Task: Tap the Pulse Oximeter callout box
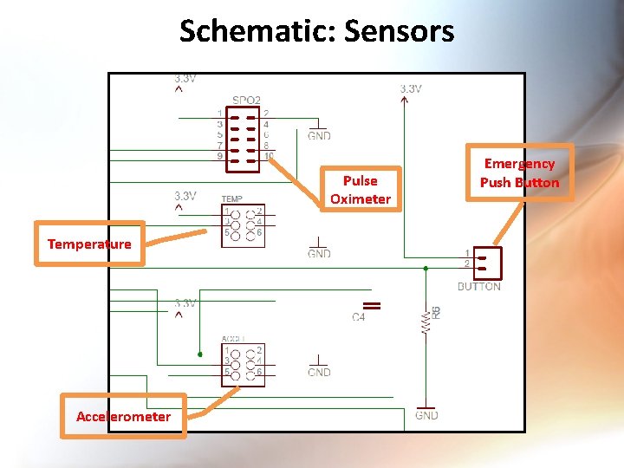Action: pyautogui.click(x=361, y=190)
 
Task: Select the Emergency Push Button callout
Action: pyautogui.click(x=519, y=172)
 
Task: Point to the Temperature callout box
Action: pyautogui.click(x=89, y=244)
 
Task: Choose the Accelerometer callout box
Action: pyautogui.click(x=123, y=417)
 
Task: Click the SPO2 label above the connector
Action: pyautogui.click(x=246, y=101)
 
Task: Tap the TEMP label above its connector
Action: pyautogui.click(x=231, y=198)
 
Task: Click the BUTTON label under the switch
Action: pyautogui.click(x=478, y=287)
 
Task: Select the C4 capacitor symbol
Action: pyautogui.click(x=372, y=305)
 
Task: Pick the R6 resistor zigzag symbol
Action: pyautogui.click(x=425, y=322)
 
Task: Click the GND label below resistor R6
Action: pyautogui.click(x=426, y=416)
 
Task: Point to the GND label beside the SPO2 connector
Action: pyautogui.click(x=319, y=136)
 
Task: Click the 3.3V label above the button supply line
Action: pyautogui.click(x=411, y=88)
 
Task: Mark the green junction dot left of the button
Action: pyautogui.click(x=425, y=269)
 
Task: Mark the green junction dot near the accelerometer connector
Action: pyautogui.click(x=200, y=354)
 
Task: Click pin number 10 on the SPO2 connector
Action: pyautogui.click(x=270, y=157)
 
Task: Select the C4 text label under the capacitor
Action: pyautogui.click(x=359, y=318)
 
